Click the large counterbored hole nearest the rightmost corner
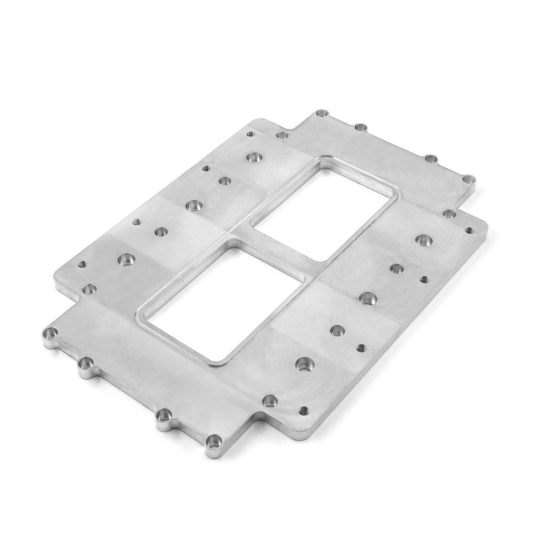point(422,240)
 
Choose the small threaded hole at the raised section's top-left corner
point(251,134)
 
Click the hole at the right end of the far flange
point(468,179)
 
